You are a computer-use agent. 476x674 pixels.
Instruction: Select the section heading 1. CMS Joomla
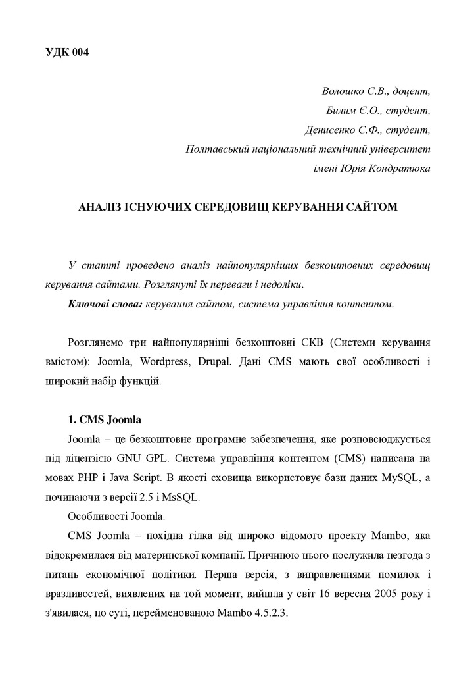tap(105, 419)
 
